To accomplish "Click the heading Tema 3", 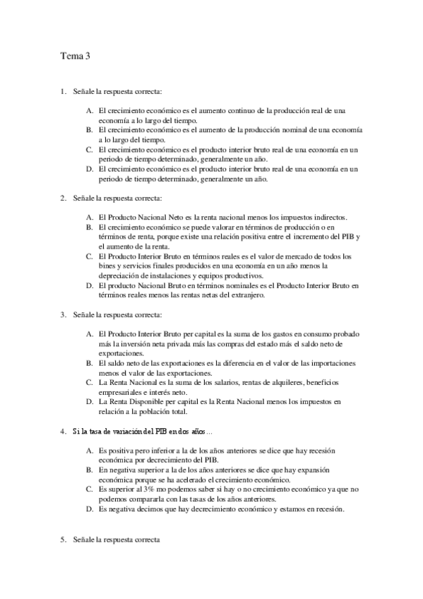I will click(x=74, y=59).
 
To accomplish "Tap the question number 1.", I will click(x=63, y=91).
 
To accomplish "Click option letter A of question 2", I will click(x=90, y=216).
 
